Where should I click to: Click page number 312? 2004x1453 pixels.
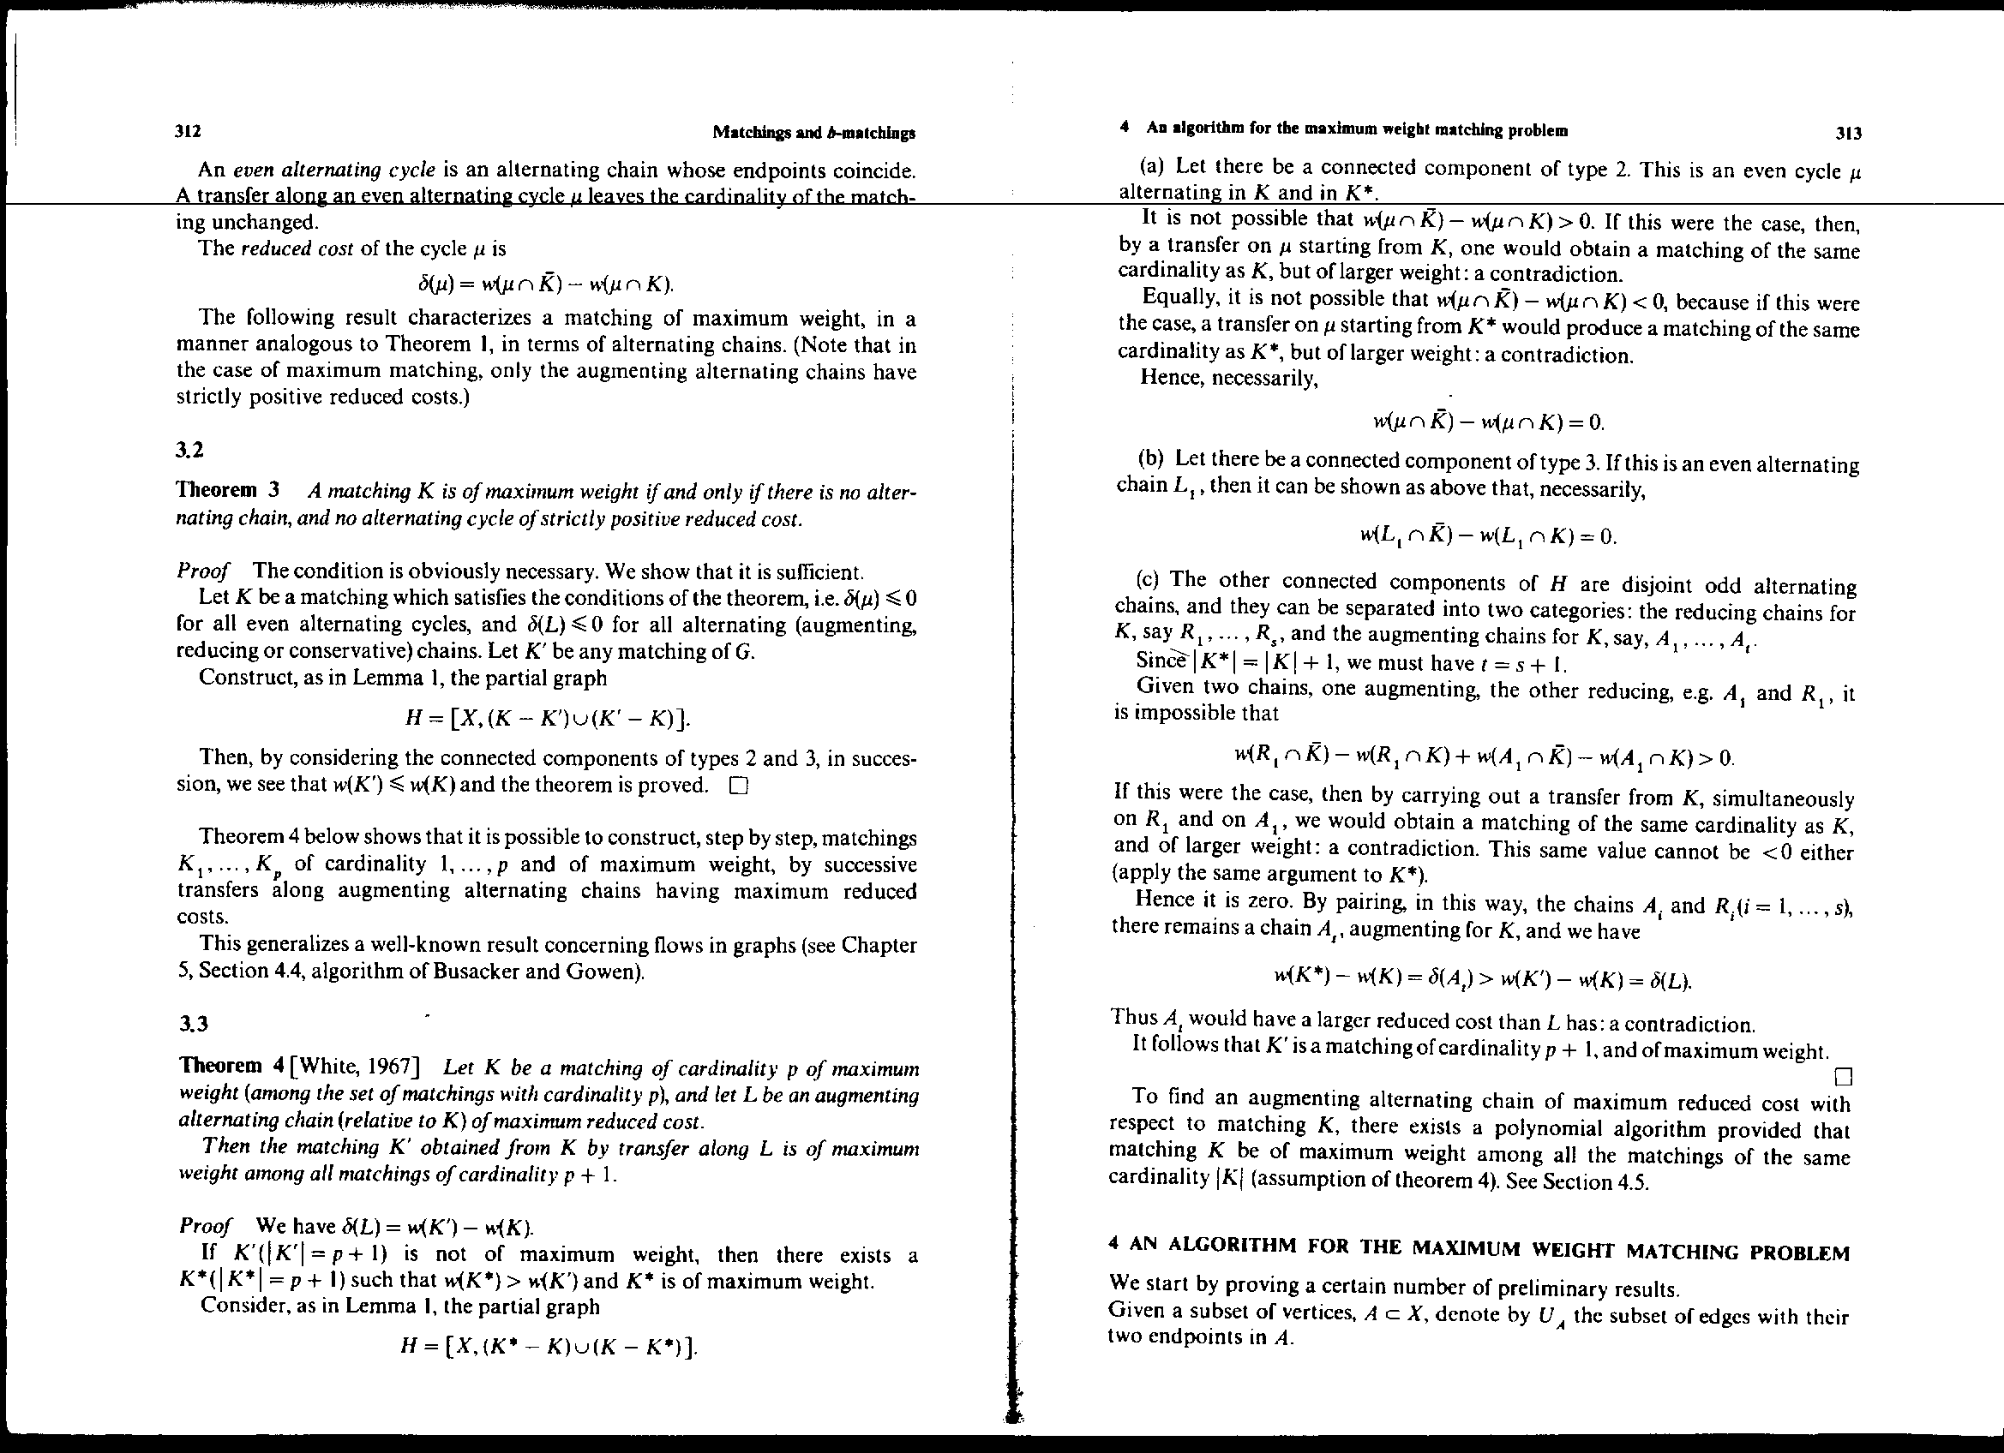[189, 132]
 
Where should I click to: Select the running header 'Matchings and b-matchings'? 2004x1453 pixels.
[813, 134]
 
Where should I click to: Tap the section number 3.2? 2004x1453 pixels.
[190, 450]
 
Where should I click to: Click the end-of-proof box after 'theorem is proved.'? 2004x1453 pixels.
[739, 786]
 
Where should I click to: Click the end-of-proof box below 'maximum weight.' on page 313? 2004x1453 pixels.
[1843, 1077]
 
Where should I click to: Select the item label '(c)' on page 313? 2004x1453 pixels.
[1149, 580]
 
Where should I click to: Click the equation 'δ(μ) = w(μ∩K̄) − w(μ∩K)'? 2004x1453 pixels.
[545, 284]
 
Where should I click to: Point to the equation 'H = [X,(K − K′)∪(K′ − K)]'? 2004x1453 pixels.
[545, 718]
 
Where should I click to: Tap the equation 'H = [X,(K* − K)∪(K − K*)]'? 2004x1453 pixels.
[549, 1345]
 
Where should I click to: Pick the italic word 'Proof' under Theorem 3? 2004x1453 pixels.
[203, 571]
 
